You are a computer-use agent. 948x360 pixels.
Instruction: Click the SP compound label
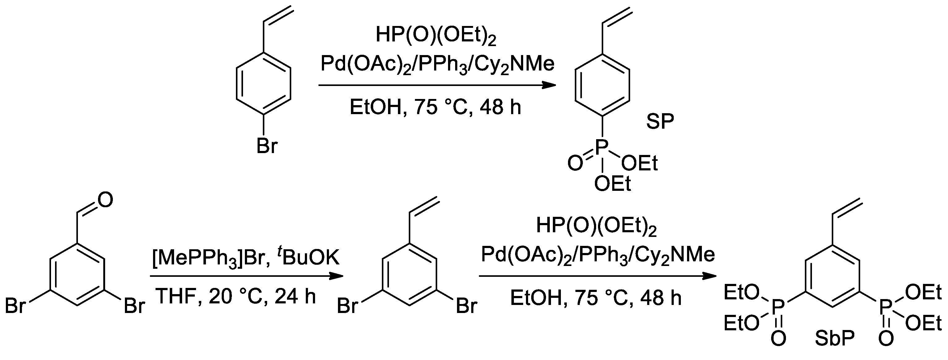tap(660, 122)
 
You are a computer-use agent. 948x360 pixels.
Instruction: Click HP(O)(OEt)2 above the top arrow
tap(436, 36)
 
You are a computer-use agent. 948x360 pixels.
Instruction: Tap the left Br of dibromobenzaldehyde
tap(15, 306)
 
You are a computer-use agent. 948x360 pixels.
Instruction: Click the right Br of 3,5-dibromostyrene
tap(467, 306)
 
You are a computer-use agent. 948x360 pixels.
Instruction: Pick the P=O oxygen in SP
tap(575, 163)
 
